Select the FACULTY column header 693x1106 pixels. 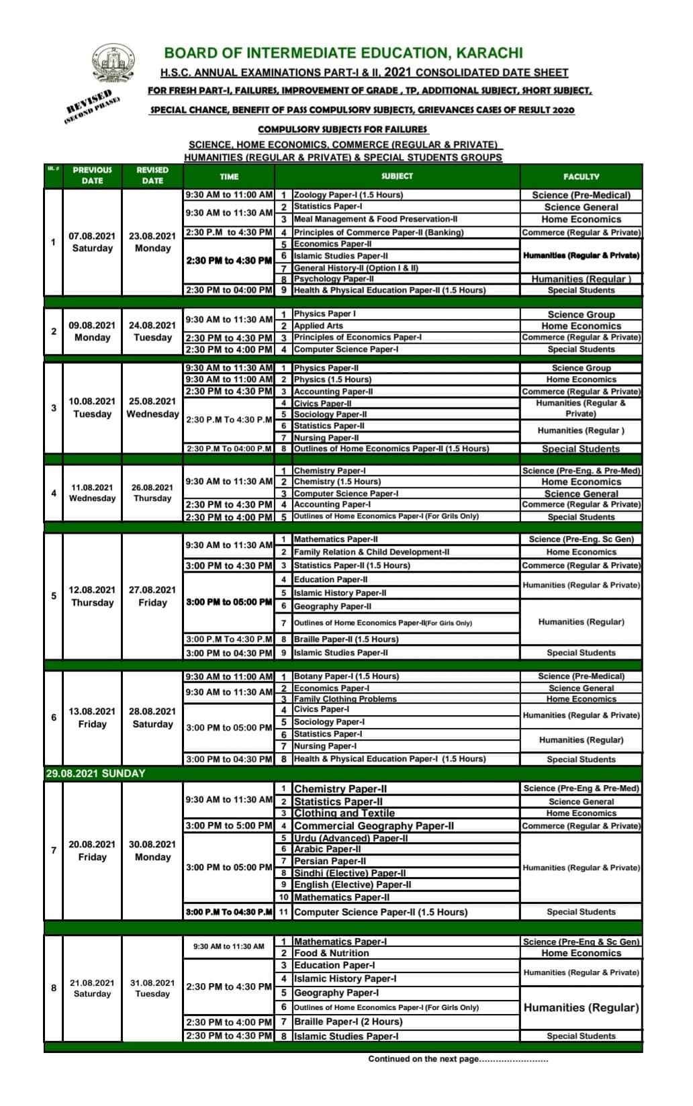581,177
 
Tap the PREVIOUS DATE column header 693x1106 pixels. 92,175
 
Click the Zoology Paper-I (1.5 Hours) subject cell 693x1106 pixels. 348,195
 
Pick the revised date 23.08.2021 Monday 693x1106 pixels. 152,242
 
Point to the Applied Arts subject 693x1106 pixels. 318,326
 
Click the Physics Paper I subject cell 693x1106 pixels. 325,314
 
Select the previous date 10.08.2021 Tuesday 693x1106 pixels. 92,408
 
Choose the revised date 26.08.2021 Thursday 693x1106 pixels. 152,493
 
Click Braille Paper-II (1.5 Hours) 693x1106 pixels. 346,639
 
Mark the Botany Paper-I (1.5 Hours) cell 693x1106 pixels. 346,676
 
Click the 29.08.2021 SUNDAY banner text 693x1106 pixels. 95,774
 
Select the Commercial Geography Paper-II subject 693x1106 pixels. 374,826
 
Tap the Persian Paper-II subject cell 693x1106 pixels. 330,861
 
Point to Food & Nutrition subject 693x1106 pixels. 331,953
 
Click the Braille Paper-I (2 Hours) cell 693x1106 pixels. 348,1021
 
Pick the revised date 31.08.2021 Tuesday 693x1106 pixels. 152,988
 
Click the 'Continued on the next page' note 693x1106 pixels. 458,1059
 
